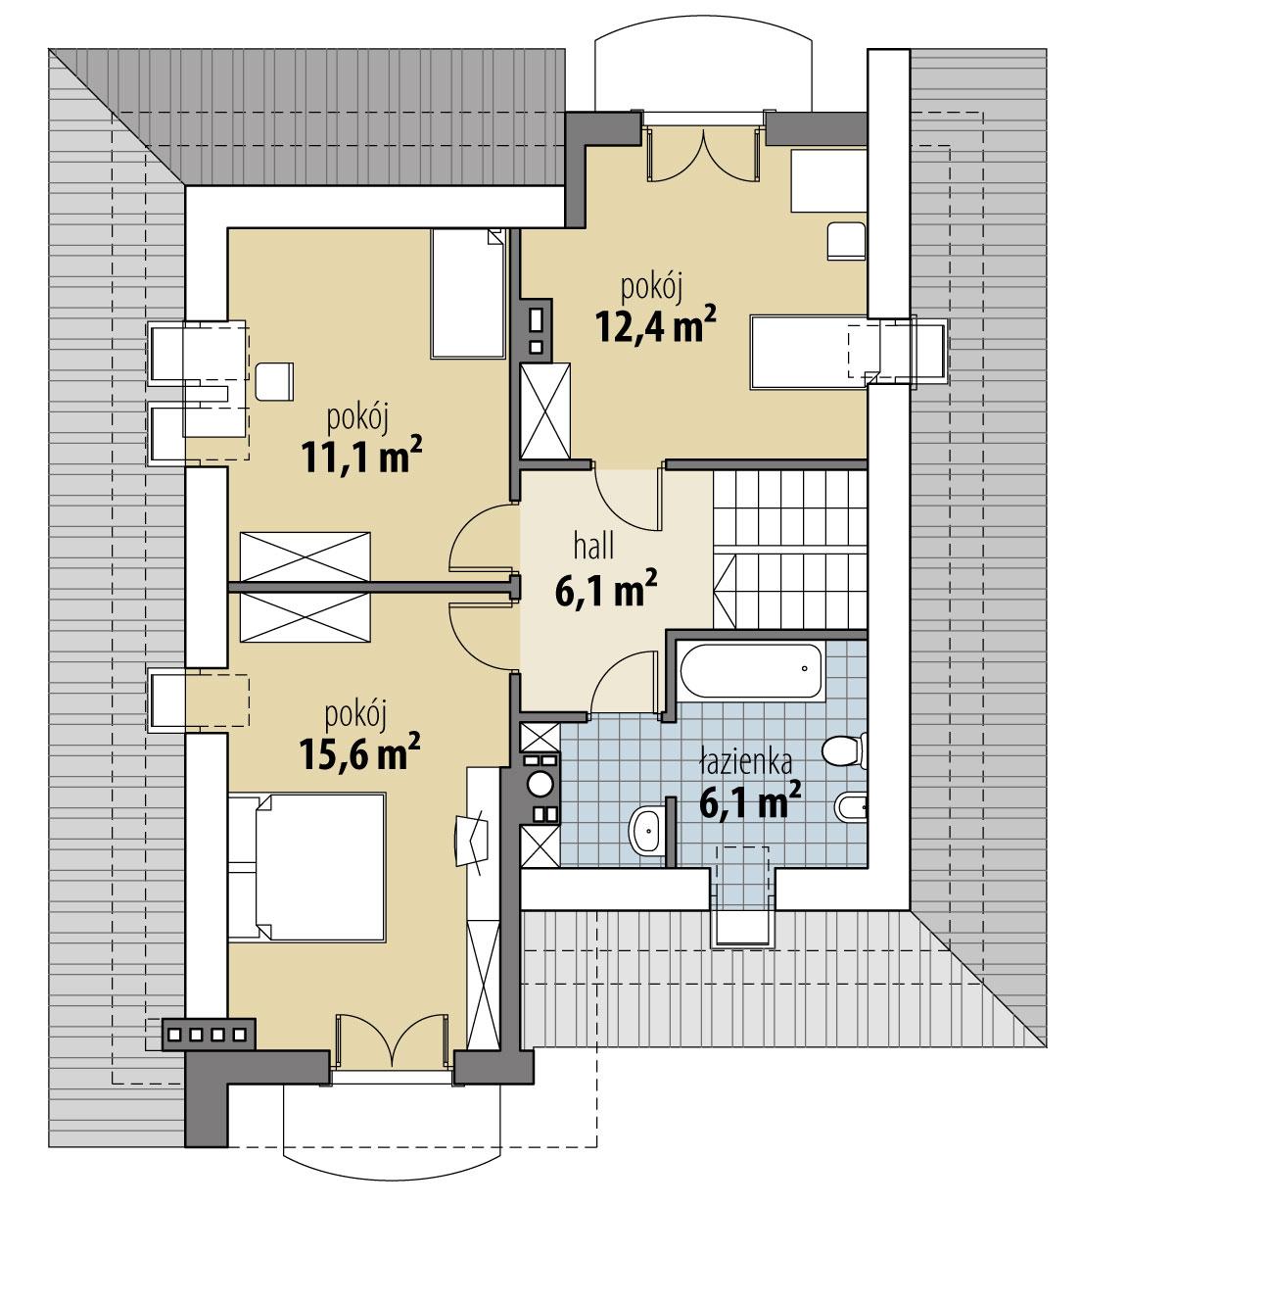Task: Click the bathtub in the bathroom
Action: tap(751, 671)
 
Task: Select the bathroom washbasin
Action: tap(647, 830)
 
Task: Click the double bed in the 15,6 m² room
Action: tap(306, 867)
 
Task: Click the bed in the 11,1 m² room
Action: tap(468, 293)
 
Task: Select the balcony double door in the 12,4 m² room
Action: tap(703, 152)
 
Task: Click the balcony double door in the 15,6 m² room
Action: tap(393, 1048)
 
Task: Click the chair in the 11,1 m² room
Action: tap(275, 380)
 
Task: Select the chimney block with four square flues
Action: tap(209, 1033)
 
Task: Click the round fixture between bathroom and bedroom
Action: tap(540, 784)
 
